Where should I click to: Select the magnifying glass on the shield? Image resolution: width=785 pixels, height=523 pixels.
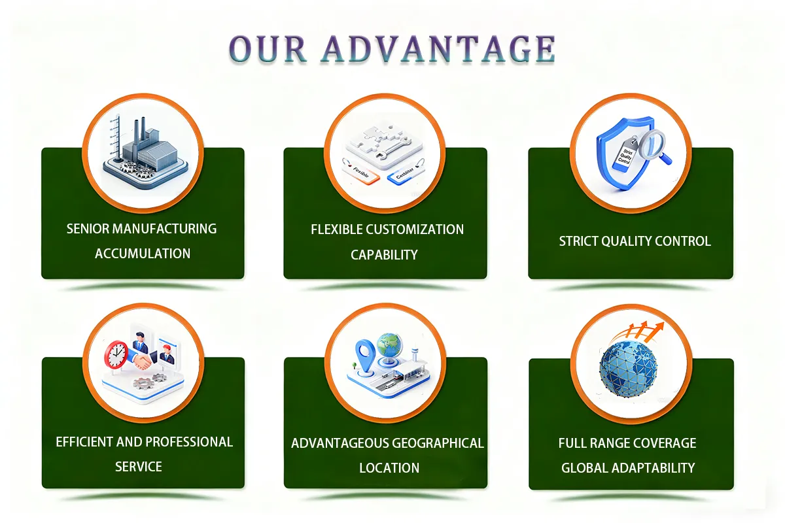point(650,145)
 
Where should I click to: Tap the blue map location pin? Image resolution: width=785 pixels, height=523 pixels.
point(363,353)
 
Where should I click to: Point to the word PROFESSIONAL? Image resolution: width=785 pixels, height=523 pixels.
point(189,442)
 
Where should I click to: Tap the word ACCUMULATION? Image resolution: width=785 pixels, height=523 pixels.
point(143,254)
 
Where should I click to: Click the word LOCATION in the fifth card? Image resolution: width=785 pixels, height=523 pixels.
point(389,468)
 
